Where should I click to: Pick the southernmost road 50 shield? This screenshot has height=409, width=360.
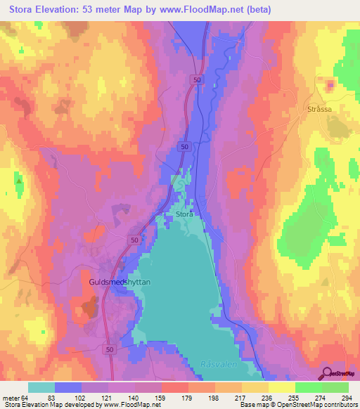108,349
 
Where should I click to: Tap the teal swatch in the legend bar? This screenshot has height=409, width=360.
41,387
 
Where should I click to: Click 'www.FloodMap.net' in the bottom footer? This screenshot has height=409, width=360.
130,405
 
